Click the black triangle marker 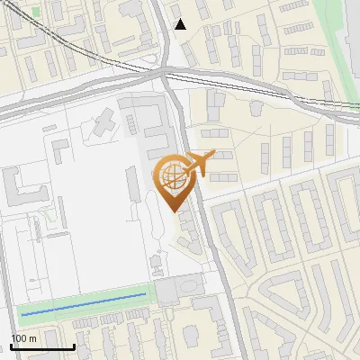coord(180,24)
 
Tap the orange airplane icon coord(197,164)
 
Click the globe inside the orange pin coord(171,175)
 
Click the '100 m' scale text coord(22,337)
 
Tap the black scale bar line coord(42,346)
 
